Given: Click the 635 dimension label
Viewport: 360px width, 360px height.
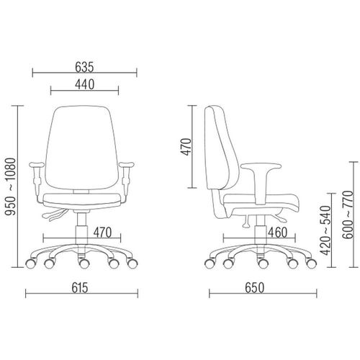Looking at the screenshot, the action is click(84, 67).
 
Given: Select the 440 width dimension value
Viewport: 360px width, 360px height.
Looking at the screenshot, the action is click(85, 85).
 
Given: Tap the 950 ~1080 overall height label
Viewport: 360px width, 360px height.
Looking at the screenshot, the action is click(11, 186).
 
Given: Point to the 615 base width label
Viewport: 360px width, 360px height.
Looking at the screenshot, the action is click(80, 288).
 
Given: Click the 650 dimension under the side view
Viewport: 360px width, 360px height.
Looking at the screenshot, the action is click(255, 288).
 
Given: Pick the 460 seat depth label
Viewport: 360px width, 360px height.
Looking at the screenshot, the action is click(278, 233).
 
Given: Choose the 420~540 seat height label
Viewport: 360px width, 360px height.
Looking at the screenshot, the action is click(325, 230).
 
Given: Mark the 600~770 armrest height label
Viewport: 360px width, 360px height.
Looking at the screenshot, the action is click(348, 215).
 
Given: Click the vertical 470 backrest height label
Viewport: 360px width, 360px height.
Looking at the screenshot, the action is click(186, 147).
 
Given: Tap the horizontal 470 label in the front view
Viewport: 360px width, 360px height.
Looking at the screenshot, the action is click(102, 233).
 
